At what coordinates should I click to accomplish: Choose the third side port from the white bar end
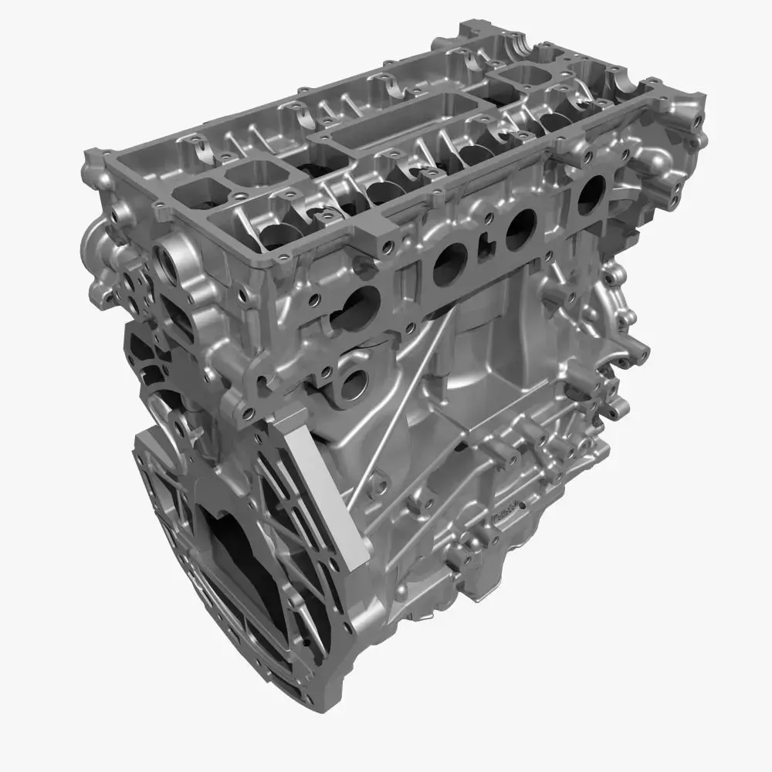[x=520, y=227]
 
